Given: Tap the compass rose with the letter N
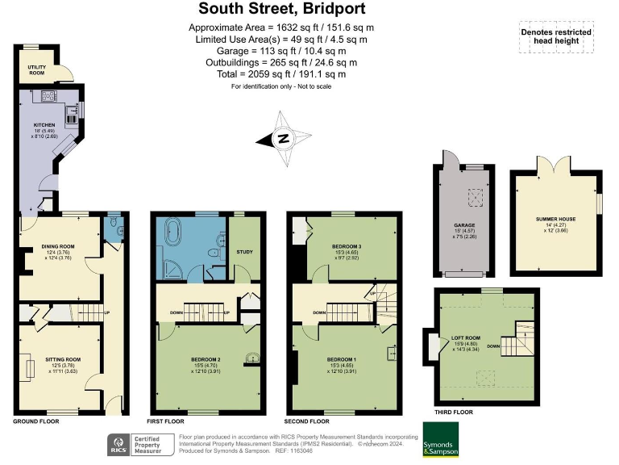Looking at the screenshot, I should click(284, 138).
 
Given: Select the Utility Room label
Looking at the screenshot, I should click(37, 70).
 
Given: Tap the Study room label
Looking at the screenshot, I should click(244, 252).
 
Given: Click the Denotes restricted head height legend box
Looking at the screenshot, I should click(555, 37).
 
